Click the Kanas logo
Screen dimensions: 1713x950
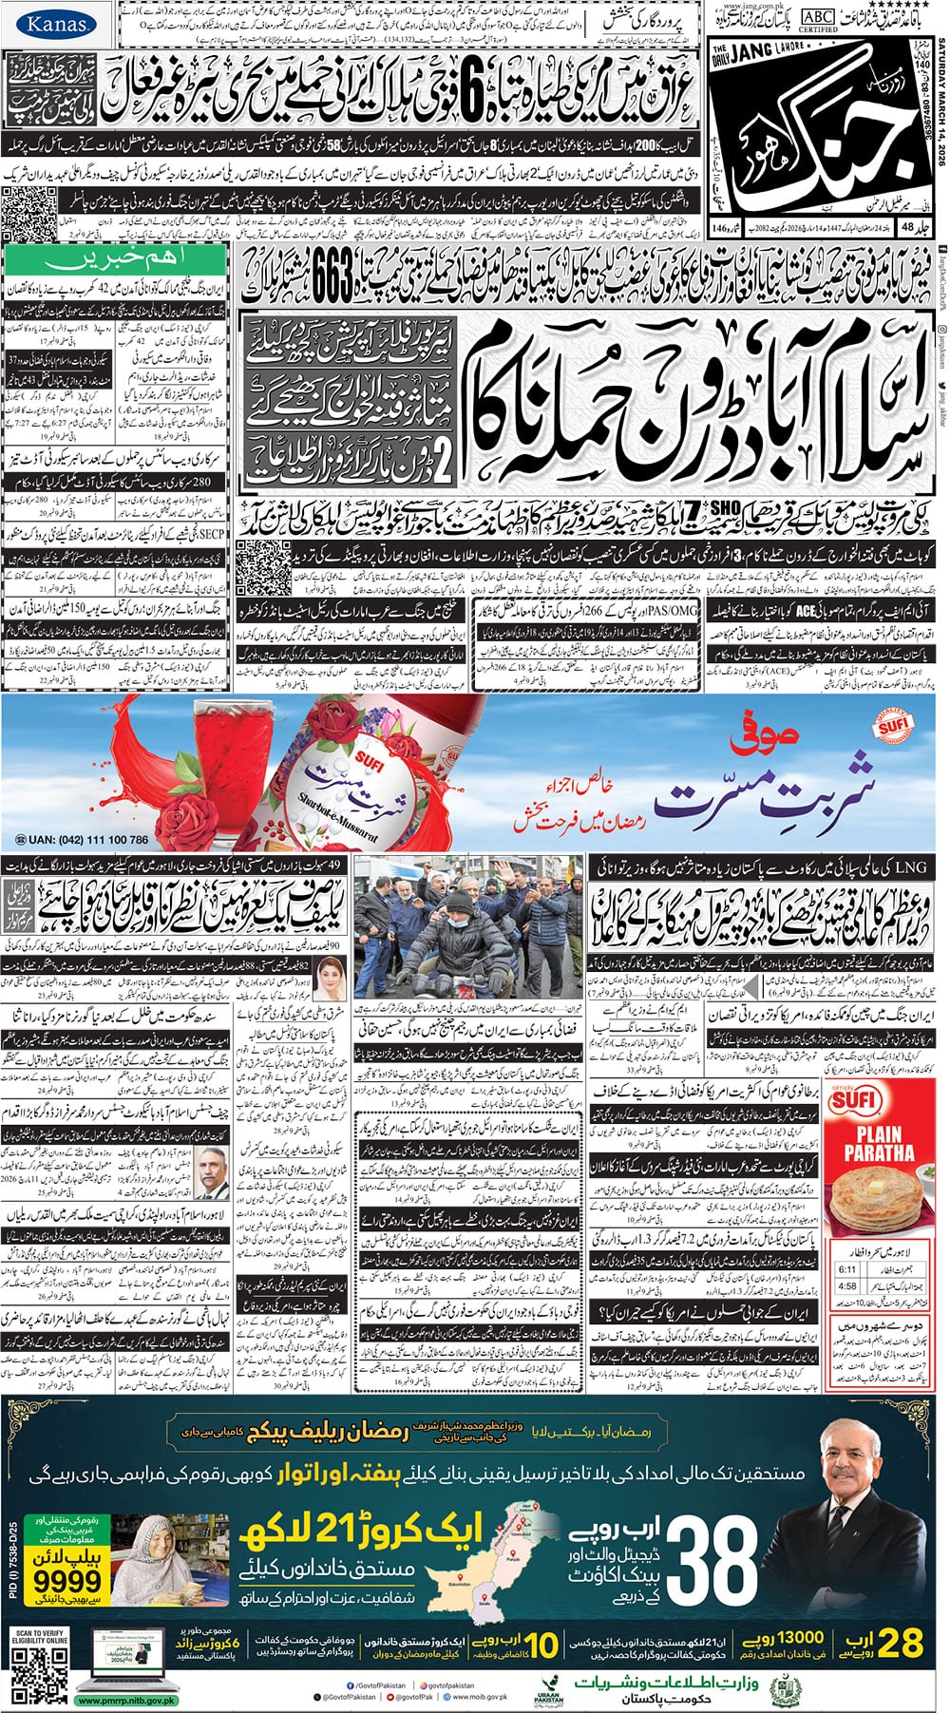[x=54, y=25]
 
